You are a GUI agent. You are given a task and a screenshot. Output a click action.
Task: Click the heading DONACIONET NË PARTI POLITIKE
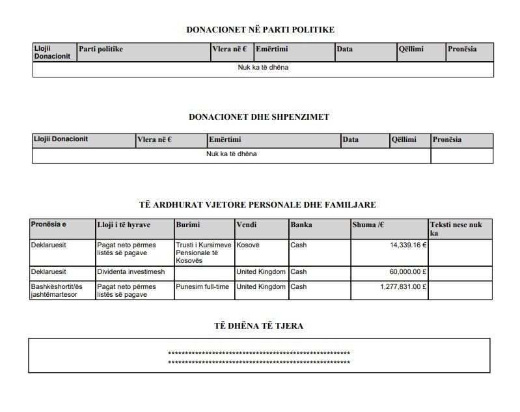click(x=260, y=29)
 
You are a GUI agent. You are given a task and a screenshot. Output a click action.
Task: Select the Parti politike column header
click(x=101, y=49)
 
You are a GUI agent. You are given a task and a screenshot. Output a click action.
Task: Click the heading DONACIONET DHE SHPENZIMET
click(x=258, y=117)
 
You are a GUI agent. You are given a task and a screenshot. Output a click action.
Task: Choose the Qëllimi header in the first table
click(x=411, y=49)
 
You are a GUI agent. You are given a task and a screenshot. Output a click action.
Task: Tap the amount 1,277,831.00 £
click(x=404, y=286)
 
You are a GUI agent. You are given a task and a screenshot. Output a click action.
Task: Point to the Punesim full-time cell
click(x=204, y=286)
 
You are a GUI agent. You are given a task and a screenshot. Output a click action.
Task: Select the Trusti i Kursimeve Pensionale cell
click(x=203, y=253)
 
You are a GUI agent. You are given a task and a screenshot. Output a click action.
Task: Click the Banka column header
click(x=301, y=225)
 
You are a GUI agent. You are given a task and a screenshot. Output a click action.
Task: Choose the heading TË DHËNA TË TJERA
click(x=259, y=325)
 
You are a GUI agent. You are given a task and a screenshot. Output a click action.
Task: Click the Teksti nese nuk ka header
click(x=456, y=228)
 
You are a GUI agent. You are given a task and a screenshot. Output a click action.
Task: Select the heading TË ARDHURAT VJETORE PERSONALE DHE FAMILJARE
click(x=258, y=205)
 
